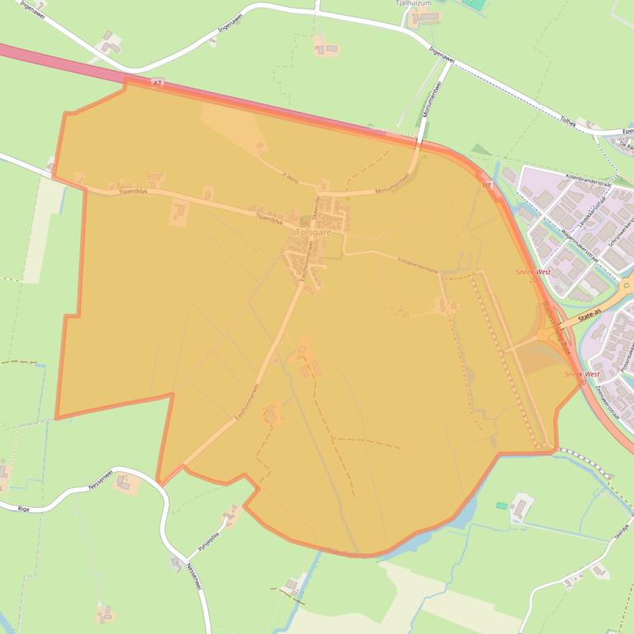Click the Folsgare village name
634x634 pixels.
click(313, 233)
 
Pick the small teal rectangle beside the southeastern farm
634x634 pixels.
click(501, 505)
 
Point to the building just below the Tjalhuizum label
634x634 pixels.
click(421, 17)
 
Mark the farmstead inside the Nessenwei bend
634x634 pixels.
click(125, 482)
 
